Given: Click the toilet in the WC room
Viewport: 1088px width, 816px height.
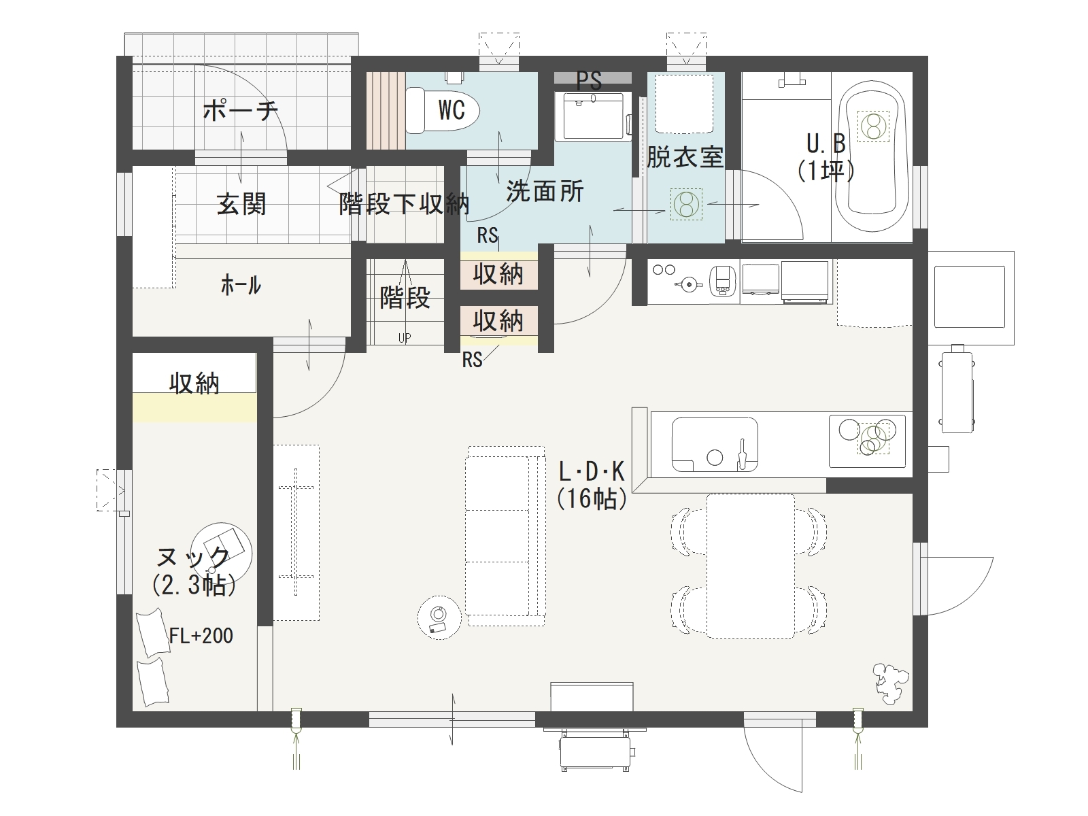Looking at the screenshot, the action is pyautogui.click(x=442, y=110).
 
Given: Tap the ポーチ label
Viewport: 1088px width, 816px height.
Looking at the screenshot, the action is pyautogui.click(x=241, y=110).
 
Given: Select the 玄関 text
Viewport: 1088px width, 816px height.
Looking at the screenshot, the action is pyautogui.click(x=241, y=203).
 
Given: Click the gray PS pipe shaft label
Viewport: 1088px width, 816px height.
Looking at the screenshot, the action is pyautogui.click(x=590, y=80).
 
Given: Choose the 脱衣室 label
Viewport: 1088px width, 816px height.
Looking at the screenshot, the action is pyautogui.click(x=685, y=156).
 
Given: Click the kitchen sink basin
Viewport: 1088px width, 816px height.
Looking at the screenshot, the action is pyautogui.click(x=714, y=444).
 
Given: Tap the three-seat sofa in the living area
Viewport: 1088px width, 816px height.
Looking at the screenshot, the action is pyautogui.click(x=505, y=536).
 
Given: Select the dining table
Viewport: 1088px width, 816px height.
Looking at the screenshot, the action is pyautogui.click(x=751, y=566).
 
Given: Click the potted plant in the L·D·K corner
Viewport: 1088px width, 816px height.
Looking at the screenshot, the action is pyautogui.click(x=891, y=683).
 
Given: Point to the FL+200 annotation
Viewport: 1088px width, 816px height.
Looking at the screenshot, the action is pyautogui.click(x=201, y=636).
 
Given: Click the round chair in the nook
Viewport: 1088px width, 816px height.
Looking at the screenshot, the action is pyautogui.click(x=222, y=552).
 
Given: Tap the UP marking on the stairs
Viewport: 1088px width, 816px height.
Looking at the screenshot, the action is pyautogui.click(x=405, y=338).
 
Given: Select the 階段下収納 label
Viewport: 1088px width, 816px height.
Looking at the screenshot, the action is pyautogui.click(x=404, y=203).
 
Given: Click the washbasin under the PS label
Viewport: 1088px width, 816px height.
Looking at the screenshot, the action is pyautogui.click(x=593, y=116).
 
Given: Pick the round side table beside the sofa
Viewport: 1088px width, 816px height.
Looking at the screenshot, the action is pyautogui.click(x=439, y=617).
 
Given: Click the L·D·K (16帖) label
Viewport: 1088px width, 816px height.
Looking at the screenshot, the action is pyautogui.click(x=592, y=485).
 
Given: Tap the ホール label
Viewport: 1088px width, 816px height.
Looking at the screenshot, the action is pyautogui.click(x=241, y=286).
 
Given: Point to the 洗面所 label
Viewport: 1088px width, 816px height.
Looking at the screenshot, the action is pyautogui.click(x=545, y=191).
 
